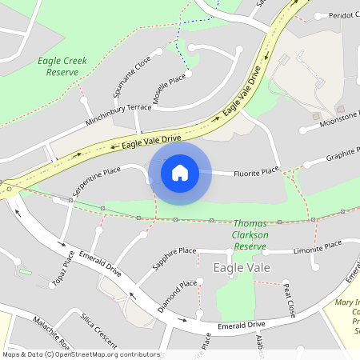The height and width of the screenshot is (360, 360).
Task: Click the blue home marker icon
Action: pos(179,171)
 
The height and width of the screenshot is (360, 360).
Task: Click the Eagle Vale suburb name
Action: pos(242,267)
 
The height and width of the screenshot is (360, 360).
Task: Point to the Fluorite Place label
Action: pos(256,171)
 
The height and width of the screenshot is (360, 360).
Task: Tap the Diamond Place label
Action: pos(177,295)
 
